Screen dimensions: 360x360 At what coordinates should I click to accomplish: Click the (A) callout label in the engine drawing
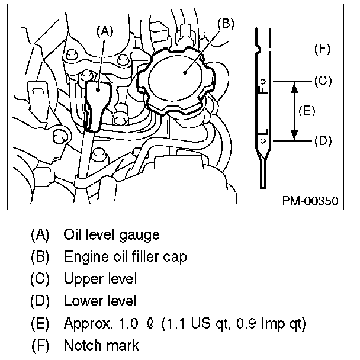pyautogui.click(x=105, y=31)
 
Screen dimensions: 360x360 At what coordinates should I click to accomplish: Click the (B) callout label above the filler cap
pyautogui.click(x=226, y=24)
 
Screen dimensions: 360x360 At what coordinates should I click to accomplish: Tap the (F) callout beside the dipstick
pyautogui.click(x=322, y=49)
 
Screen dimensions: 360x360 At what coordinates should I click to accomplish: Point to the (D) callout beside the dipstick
pyautogui.click(x=322, y=141)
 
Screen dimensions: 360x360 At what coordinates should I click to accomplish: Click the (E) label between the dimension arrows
pyautogui.click(x=307, y=110)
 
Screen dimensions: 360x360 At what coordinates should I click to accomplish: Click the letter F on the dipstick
pyautogui.click(x=263, y=88)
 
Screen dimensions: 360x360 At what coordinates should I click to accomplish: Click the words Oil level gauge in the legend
pyautogui.click(x=111, y=235)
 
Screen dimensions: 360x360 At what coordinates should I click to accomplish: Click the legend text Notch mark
pyautogui.click(x=101, y=345)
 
